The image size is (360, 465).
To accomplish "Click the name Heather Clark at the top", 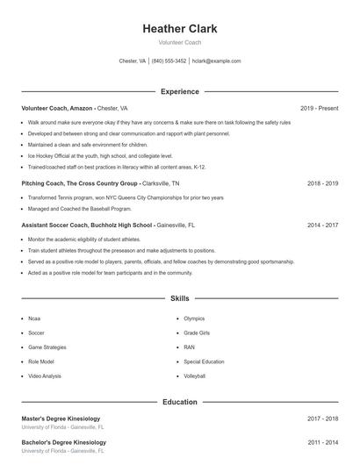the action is point(179,29).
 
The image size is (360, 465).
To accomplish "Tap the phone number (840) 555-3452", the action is point(169,61).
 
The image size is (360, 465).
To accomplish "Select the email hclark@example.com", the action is point(216,61).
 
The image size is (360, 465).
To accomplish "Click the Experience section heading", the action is point(179,91).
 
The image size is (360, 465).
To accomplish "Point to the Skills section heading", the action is point(179,299).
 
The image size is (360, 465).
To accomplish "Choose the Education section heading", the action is point(179,402).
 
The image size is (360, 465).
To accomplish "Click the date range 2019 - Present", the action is point(319,108).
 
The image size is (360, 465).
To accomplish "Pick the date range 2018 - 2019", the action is point(322,183).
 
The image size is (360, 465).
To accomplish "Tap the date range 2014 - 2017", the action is point(322,225).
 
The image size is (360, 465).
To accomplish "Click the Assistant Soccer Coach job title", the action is point(54,225).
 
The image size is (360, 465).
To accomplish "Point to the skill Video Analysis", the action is point(45,376).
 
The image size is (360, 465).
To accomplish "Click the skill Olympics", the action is point(194,318).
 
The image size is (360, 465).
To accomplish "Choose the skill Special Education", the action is point(204,361).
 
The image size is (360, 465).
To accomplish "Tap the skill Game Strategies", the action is point(47,347).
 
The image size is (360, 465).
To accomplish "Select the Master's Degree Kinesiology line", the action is point(61,418).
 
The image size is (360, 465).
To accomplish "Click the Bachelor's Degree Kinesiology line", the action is point(62,442).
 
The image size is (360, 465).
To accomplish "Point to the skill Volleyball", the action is point(194,376).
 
